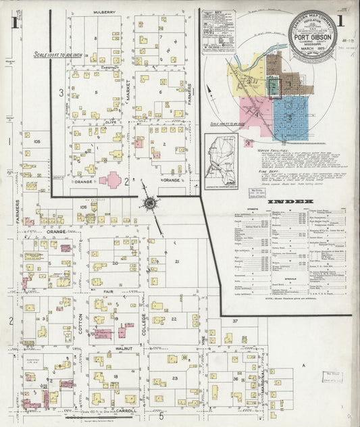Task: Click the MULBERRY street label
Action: (x=105, y=12)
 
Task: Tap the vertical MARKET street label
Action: (x=128, y=95)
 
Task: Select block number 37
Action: (x=236, y=320)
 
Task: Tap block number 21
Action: (x=176, y=261)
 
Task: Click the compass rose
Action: (x=149, y=201)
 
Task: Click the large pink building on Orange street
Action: (x=110, y=180)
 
